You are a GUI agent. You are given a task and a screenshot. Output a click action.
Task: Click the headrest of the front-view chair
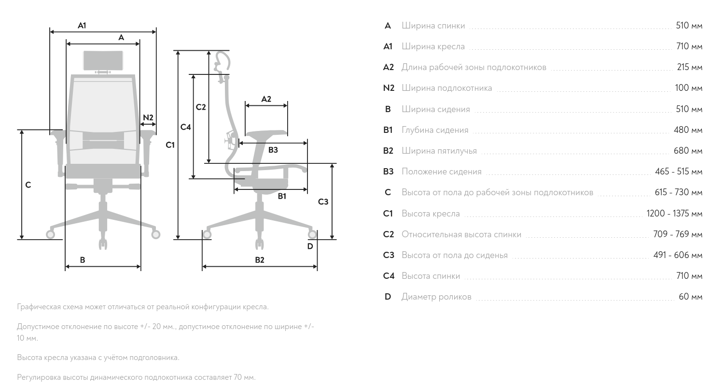(103, 60)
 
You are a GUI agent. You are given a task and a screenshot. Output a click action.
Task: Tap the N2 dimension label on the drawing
(148, 117)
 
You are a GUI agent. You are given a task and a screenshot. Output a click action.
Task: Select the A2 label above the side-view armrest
(266, 99)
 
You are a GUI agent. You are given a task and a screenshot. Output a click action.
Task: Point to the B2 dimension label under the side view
(260, 260)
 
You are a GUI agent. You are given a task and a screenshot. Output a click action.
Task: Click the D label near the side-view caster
(310, 246)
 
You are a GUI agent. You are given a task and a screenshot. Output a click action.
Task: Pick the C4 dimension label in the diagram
(186, 127)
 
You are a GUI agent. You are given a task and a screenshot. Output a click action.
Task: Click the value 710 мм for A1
(689, 47)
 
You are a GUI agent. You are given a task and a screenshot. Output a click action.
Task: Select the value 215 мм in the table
(690, 67)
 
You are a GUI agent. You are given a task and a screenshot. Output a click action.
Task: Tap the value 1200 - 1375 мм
(674, 214)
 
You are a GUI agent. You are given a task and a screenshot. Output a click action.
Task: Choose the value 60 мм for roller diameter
(691, 297)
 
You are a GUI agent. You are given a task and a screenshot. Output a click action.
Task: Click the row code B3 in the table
(388, 172)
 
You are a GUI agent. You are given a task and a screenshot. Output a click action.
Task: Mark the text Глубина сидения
(435, 130)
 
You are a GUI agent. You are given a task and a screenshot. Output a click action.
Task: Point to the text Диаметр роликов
(436, 297)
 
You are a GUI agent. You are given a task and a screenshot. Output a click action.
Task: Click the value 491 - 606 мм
(678, 255)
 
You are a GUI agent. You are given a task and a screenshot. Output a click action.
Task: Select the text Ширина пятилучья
(439, 151)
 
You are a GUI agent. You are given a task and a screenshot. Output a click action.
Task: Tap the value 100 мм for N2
(689, 88)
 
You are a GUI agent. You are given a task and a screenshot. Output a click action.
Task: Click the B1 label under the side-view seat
(282, 196)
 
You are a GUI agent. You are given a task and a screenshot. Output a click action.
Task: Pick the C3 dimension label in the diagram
(323, 202)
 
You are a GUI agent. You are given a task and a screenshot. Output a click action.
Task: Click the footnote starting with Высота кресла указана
(98, 358)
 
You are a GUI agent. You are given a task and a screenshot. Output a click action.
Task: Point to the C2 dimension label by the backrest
(201, 107)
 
